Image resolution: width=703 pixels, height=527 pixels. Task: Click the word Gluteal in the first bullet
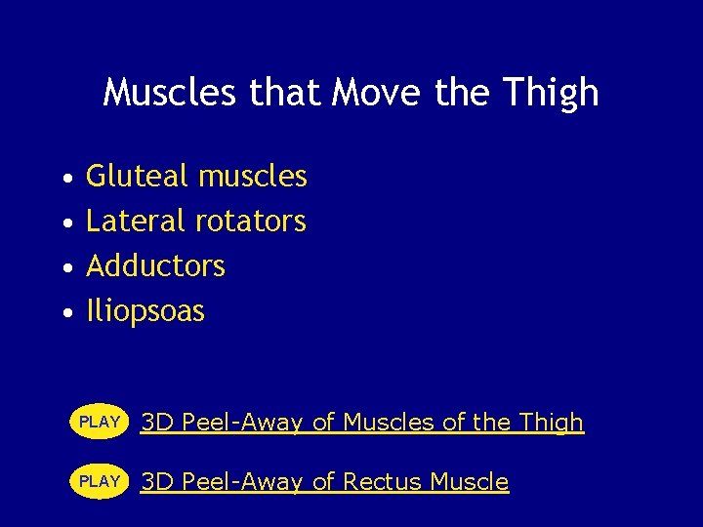(x=138, y=177)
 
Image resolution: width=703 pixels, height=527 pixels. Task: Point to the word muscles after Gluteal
(x=252, y=177)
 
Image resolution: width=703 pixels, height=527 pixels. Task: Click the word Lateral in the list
(x=137, y=222)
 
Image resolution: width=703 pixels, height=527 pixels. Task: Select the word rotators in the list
(x=251, y=222)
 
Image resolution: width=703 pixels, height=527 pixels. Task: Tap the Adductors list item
(x=155, y=266)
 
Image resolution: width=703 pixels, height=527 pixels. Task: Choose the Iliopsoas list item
(x=145, y=312)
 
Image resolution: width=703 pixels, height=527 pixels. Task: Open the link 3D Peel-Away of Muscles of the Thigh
(x=362, y=423)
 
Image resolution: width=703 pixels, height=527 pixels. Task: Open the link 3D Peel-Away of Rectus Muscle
(x=324, y=482)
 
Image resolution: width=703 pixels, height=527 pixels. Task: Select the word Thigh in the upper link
(x=552, y=423)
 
